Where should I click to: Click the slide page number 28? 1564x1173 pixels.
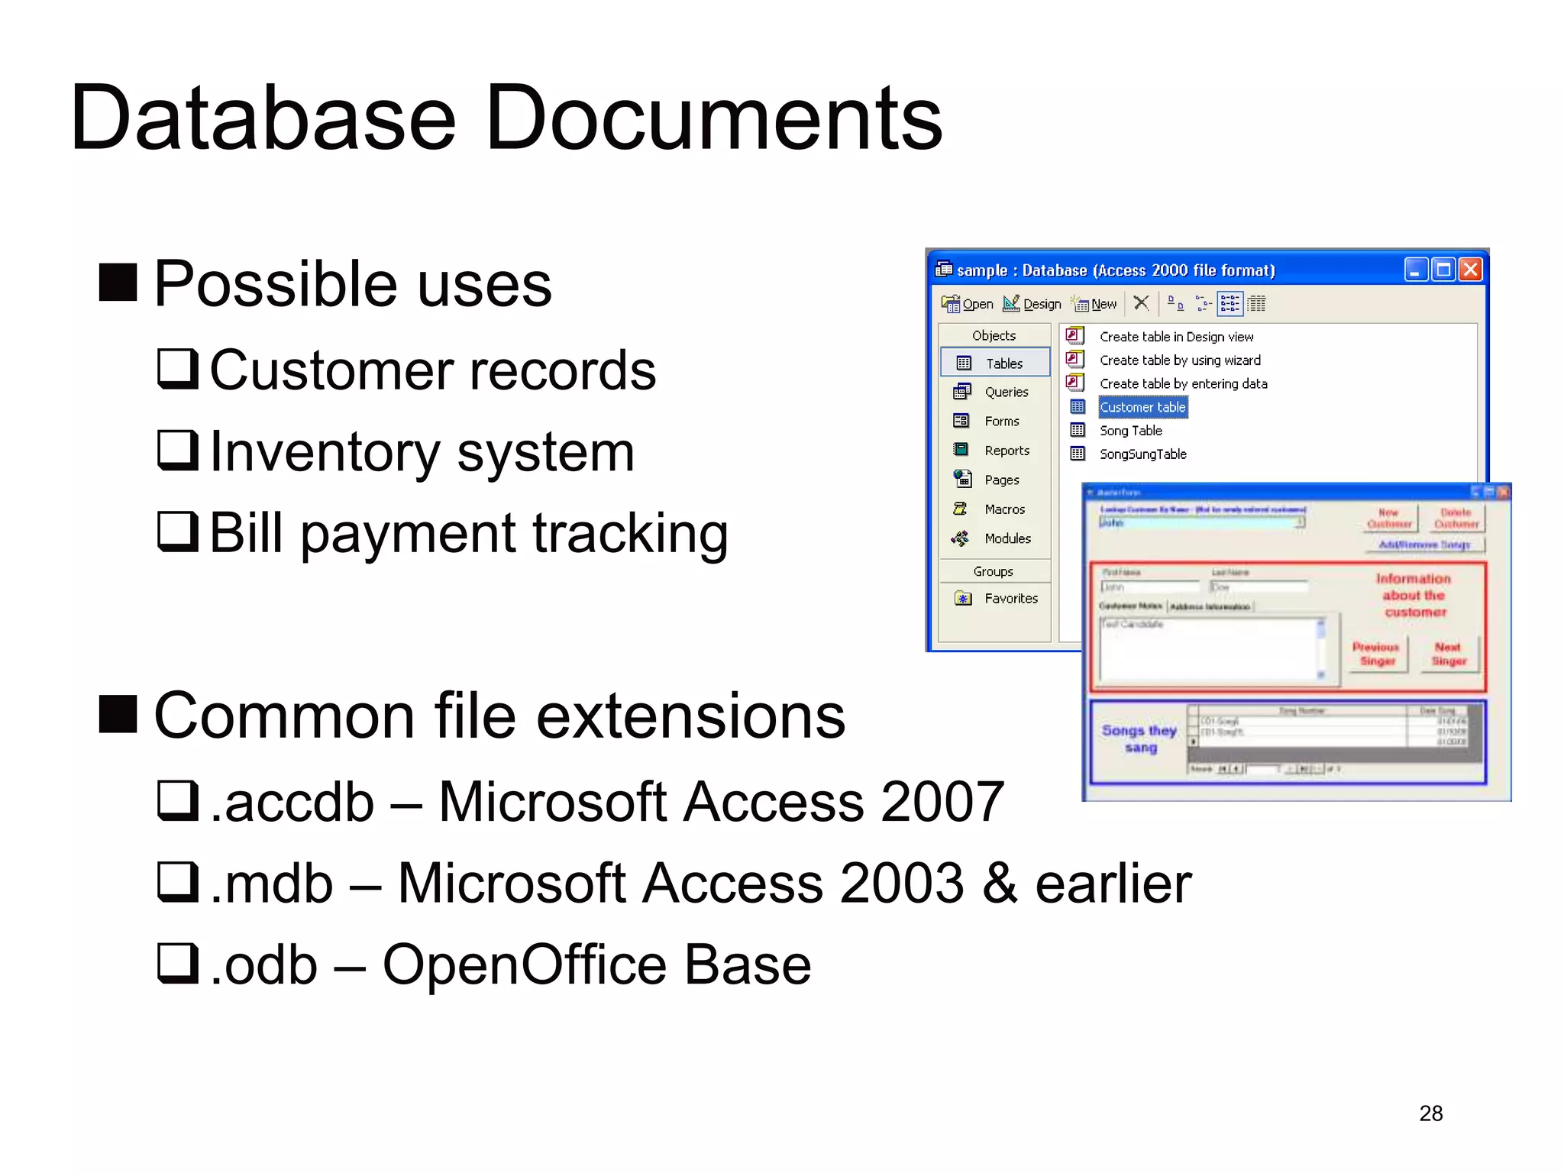[x=1430, y=1113]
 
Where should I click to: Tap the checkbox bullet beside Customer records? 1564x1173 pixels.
[x=177, y=369]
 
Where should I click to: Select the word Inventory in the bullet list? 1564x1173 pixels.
[x=325, y=451]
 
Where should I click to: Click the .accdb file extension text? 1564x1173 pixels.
[x=292, y=802]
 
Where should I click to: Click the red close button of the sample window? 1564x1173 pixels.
[x=1470, y=270]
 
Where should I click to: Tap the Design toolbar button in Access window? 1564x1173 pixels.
[x=1032, y=304]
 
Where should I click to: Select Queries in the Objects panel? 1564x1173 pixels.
[x=1005, y=392]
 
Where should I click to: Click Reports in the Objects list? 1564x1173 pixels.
[x=1006, y=451]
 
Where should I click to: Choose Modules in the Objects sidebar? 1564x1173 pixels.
[x=1007, y=538]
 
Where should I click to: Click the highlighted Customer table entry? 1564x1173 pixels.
[x=1142, y=407]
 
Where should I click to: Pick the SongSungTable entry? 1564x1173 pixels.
[x=1142, y=454]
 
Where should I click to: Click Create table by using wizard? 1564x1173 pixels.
[x=1179, y=360]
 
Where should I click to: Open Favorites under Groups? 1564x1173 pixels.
[x=1010, y=599]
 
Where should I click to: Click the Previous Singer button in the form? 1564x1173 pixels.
[x=1377, y=654]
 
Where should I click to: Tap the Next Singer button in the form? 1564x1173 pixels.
[x=1448, y=654]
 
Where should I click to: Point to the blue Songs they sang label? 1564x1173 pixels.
[x=1139, y=738]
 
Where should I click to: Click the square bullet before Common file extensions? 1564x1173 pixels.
[x=118, y=714]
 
